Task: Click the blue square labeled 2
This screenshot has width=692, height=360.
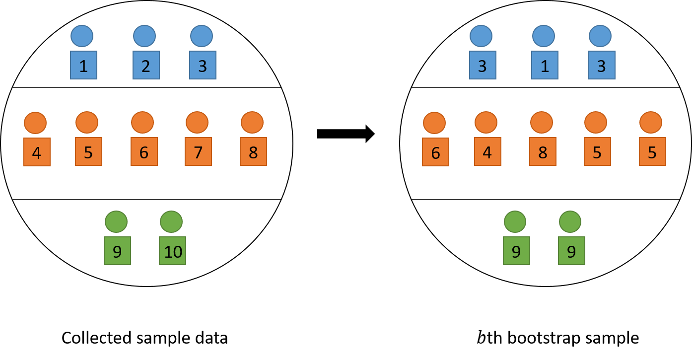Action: click(146, 65)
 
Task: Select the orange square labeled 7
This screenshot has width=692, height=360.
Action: click(198, 151)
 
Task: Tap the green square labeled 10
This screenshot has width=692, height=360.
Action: click(172, 251)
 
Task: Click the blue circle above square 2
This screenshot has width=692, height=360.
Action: click(144, 36)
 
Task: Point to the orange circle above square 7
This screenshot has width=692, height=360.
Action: click(197, 122)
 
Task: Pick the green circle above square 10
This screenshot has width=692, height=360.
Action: click(171, 221)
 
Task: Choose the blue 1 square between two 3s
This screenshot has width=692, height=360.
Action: click(545, 65)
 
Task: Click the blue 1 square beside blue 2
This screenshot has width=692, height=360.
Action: click(83, 65)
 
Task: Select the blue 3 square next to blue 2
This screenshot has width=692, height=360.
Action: click(203, 65)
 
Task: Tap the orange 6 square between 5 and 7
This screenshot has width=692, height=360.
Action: click(144, 151)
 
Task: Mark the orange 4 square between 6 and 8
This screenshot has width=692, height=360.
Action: click(487, 151)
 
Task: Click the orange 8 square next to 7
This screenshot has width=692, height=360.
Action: click(253, 151)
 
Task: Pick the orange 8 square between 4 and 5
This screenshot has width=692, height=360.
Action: click(543, 151)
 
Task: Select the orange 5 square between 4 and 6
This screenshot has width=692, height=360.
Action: click(88, 151)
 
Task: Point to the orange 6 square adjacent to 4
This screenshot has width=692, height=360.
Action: click(435, 152)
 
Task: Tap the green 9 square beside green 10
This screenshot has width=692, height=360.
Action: click(117, 251)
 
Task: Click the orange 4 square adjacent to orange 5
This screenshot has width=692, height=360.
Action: click(37, 152)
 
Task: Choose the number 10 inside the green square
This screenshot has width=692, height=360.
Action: click(173, 252)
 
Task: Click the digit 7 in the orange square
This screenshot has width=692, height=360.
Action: click(198, 152)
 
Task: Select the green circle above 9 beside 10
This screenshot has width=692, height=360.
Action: click(116, 221)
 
